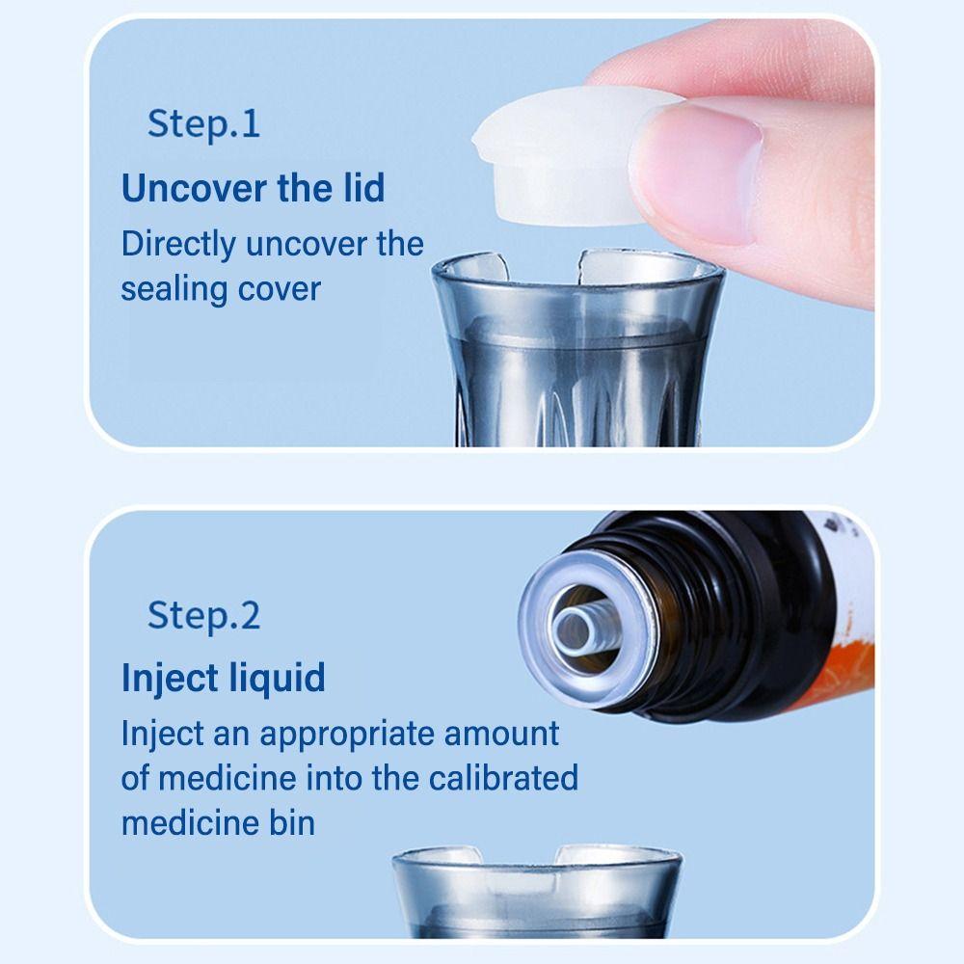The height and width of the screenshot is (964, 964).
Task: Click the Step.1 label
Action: pos(203,124)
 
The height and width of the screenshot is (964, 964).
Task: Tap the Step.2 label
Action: pos(203,616)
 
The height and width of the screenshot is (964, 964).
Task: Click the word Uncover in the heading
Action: pos(193,188)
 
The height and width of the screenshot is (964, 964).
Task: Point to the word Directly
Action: pos(178,245)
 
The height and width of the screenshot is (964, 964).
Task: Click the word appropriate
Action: pos(347,735)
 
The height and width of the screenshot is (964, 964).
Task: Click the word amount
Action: pos(501,734)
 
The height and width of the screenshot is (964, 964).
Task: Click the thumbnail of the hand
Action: pos(697,173)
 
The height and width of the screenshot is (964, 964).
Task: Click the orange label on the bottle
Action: pos(848,671)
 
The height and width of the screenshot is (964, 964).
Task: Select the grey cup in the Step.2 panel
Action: pos(537,891)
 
